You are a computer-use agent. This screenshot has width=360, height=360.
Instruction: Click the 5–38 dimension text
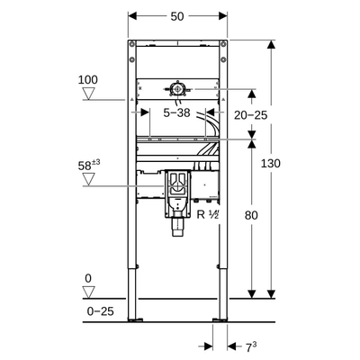177,114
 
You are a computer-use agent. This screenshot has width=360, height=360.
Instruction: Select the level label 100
87,80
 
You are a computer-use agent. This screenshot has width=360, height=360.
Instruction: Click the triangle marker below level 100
87,93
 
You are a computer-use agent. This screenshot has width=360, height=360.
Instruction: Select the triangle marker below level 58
87,178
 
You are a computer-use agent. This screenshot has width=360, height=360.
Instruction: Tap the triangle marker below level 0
88,292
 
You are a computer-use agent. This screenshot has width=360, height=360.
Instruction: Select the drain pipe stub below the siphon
178,230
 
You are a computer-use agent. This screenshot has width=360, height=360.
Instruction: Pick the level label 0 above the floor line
87,278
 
